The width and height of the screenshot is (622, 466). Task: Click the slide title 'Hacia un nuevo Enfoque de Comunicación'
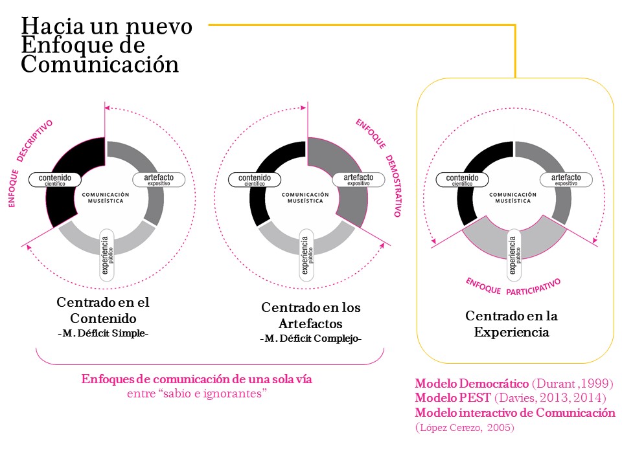(x=107, y=45)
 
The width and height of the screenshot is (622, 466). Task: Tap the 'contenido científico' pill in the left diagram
(x=55, y=179)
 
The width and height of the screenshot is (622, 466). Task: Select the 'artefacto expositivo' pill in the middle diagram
(x=358, y=179)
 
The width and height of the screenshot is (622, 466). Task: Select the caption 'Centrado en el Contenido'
(x=103, y=310)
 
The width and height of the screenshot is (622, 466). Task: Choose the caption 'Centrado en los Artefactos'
(x=310, y=315)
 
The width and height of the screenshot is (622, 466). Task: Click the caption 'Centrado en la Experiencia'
(x=511, y=324)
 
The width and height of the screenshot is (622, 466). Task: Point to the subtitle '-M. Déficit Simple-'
(x=103, y=334)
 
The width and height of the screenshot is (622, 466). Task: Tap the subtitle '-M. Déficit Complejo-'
(x=310, y=338)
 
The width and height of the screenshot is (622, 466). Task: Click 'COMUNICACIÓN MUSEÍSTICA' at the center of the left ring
(x=106, y=197)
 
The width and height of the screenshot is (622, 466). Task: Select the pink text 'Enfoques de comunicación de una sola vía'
(x=196, y=379)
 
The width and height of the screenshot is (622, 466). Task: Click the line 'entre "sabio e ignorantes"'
(x=196, y=394)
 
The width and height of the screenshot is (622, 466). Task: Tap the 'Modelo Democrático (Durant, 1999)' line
(x=514, y=383)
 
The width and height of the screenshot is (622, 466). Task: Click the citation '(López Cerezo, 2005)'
(x=465, y=427)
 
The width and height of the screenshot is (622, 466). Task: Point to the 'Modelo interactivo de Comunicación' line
(x=514, y=413)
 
